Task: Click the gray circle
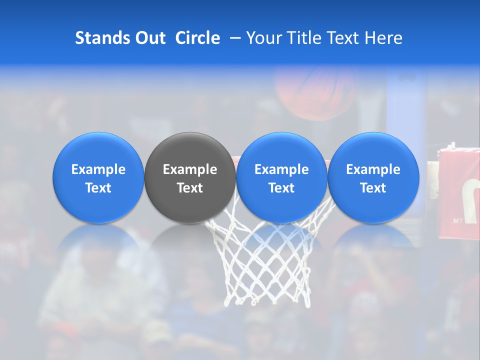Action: click(190, 177)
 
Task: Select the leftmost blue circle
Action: click(98, 177)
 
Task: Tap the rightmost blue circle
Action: click(373, 177)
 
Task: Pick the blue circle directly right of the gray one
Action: click(281, 177)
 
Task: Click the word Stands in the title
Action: click(102, 38)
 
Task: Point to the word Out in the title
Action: click(149, 38)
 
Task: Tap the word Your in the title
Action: click(263, 38)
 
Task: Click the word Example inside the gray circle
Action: click(190, 169)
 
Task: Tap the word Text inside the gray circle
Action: click(190, 188)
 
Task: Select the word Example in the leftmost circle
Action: click(98, 169)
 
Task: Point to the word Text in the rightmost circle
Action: click(373, 188)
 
